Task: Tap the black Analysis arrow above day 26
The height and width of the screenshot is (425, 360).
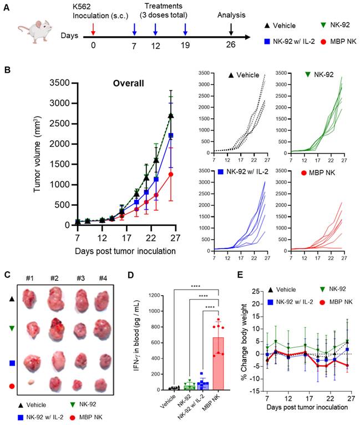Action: [231, 28]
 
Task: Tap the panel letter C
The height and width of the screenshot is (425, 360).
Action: [7, 275]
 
